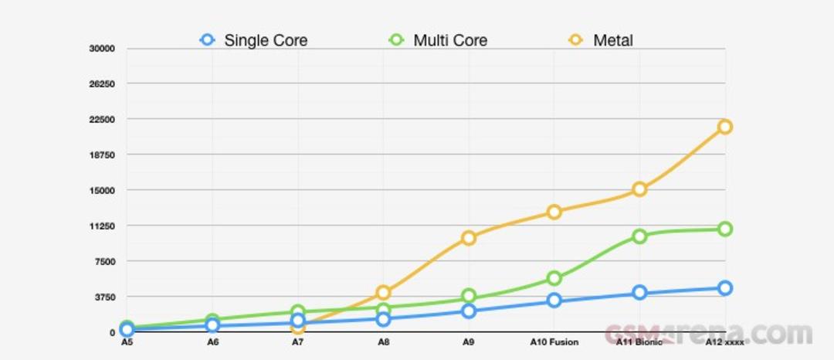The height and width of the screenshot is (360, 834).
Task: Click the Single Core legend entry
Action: click(254, 40)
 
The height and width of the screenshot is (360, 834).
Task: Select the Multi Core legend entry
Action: click(439, 40)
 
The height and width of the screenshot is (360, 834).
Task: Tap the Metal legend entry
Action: click(601, 40)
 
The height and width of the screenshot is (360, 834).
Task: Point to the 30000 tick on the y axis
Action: click(102, 49)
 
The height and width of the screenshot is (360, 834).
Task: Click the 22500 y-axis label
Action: click(102, 119)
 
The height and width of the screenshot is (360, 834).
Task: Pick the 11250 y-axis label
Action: click(102, 226)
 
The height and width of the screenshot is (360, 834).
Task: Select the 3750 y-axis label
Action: click(104, 297)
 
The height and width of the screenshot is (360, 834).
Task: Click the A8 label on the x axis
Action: click(384, 342)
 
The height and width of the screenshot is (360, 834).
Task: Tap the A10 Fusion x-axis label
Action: click(554, 342)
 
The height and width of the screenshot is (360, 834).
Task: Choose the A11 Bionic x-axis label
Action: click(640, 342)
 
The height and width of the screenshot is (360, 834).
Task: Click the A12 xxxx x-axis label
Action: click(724, 342)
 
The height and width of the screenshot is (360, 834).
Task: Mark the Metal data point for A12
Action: click(724, 127)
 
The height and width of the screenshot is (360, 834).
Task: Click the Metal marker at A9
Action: click(469, 238)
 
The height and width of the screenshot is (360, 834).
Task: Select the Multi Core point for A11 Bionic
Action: click(640, 236)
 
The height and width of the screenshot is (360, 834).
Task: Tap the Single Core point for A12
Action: click(724, 288)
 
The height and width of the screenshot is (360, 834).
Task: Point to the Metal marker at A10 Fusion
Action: click(554, 212)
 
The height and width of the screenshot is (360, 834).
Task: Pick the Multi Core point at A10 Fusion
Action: click(554, 278)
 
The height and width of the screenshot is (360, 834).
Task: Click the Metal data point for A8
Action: click(384, 292)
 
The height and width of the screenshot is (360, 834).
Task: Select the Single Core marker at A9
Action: click(469, 311)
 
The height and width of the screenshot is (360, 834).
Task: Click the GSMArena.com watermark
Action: click(708, 334)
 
